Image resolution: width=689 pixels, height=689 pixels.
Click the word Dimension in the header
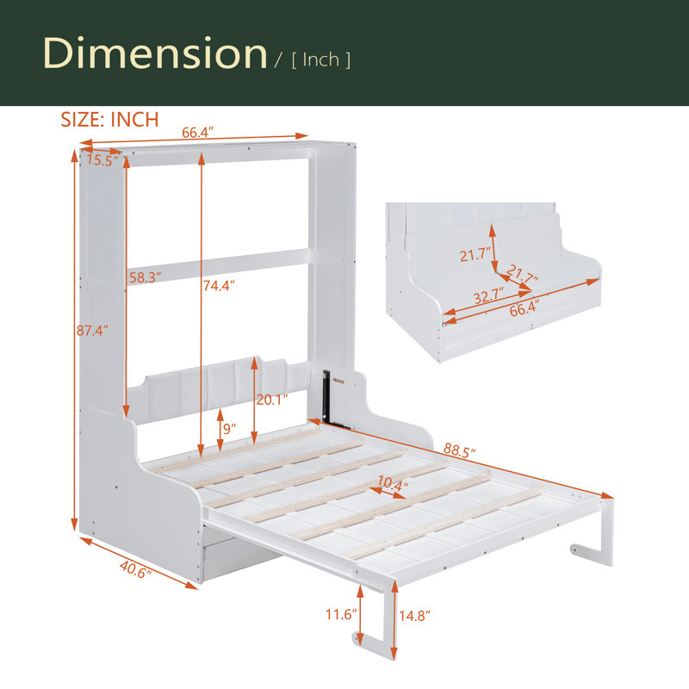[x=155, y=53]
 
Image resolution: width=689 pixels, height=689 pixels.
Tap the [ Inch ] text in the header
[x=320, y=59]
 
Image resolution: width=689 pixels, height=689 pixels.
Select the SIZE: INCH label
[x=109, y=120]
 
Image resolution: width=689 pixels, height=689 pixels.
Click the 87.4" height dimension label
[x=92, y=330]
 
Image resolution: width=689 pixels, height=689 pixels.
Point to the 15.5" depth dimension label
[x=102, y=160]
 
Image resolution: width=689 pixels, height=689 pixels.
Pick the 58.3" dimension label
[x=145, y=277]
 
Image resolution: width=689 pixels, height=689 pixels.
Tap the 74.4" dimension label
[x=219, y=286]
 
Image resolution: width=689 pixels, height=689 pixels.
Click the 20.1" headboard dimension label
[x=272, y=400]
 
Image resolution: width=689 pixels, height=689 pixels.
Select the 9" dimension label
[x=229, y=428]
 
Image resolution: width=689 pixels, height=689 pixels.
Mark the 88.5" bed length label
[x=459, y=450]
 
